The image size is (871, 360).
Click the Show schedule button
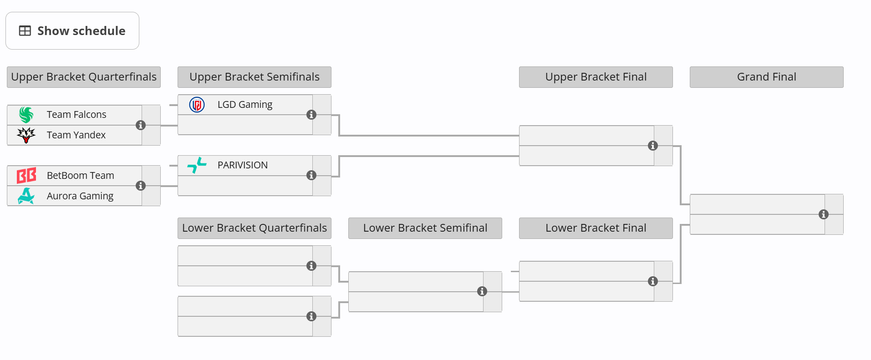pos(72,31)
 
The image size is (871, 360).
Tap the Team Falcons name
pos(76,115)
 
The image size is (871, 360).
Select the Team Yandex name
pos(76,135)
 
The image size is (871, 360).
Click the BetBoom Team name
pos(81,176)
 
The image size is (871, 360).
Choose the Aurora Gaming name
pos(80,196)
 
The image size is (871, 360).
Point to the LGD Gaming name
pos(245,105)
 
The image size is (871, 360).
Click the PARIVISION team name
pos(243,165)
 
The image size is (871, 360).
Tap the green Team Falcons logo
pos(26,115)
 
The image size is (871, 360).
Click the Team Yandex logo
pos(26,135)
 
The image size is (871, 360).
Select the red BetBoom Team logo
pos(26,176)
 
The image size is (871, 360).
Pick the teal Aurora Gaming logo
pos(26,196)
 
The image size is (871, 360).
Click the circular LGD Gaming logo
pos(197,105)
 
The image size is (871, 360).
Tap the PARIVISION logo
pos(197,165)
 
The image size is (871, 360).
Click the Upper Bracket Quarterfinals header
pos(84,77)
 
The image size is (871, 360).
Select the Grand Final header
pos(767,77)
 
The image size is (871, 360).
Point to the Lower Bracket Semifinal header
pos(425,228)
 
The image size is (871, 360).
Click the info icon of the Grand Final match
pos(824,214)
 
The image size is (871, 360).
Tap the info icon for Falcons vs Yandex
pos(141,125)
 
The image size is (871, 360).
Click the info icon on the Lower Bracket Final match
pos(653,281)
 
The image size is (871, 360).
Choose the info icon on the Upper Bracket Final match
pos(653,146)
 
